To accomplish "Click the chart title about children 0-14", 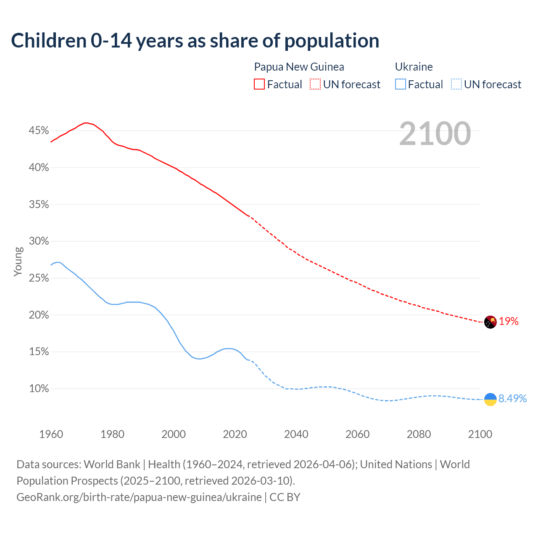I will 195,41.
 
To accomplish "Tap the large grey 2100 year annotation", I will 435,134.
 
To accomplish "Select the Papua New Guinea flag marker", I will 490,322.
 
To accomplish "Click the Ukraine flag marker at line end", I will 490,399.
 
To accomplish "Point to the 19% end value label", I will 509,322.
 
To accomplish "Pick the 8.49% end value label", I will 512,398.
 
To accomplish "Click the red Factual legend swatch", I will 259,84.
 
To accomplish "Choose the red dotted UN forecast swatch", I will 315,84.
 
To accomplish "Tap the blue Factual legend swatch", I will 401,84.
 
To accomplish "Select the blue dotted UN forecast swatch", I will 456,84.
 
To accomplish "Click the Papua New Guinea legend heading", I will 299,67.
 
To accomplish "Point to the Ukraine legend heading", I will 414,67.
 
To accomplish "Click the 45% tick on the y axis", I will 39,131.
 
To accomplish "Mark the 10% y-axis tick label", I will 39,389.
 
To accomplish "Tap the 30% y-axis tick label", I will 39,241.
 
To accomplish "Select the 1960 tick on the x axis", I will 51,434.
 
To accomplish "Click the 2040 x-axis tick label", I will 296,434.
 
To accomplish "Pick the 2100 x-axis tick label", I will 480,434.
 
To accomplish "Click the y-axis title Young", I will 18,261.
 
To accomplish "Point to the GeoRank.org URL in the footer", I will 139,497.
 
